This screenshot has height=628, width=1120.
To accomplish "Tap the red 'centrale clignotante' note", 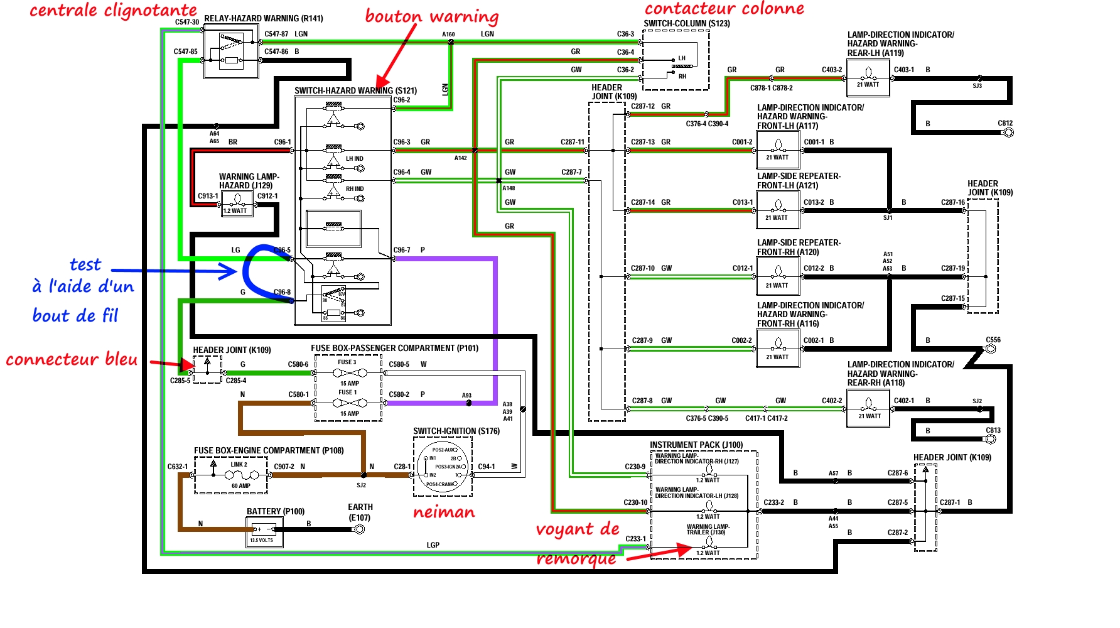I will point(113,10).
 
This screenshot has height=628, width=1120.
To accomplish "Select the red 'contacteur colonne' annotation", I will point(724,8).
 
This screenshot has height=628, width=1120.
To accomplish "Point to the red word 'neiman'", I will point(444,512).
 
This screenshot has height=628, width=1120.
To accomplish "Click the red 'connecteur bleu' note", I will point(72,359).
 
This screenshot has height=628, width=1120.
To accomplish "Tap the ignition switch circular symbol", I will point(443,467).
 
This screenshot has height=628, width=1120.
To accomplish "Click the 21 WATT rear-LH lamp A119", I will point(868,78).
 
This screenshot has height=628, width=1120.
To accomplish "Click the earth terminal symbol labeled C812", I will point(1008,133).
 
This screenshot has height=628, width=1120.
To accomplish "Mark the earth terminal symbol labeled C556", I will point(991,349).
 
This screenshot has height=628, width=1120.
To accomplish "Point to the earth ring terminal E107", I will point(359,529).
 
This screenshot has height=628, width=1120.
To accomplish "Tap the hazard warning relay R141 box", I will point(231,51).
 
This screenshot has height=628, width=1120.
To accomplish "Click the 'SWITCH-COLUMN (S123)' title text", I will point(686,24).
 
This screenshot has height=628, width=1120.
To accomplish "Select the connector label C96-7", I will point(402,250).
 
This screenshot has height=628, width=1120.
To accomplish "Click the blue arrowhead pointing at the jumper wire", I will point(227,271).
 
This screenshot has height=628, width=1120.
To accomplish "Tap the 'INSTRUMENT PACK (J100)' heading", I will point(696,445).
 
